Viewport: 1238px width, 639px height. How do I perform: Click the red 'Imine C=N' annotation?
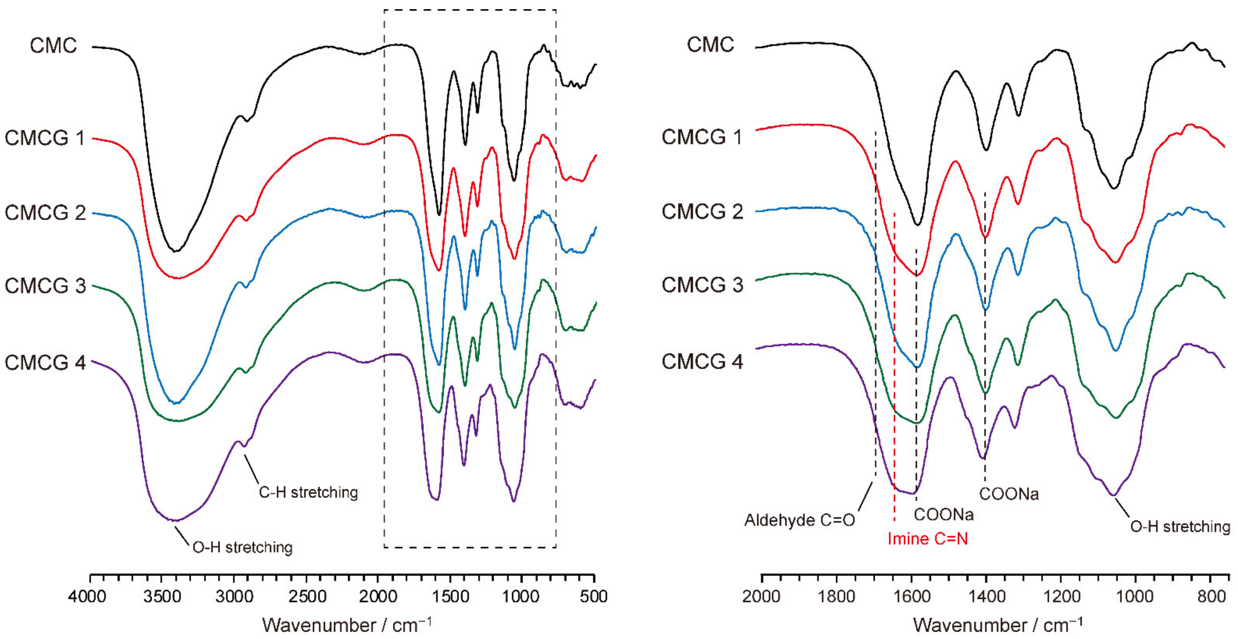click(927, 539)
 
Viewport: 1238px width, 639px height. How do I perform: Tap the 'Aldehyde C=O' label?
click(800, 520)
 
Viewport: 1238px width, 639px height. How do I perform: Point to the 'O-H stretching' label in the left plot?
click(242, 547)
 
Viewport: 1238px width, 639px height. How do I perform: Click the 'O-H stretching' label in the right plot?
click(1179, 527)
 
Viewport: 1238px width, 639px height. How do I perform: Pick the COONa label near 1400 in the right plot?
click(1009, 494)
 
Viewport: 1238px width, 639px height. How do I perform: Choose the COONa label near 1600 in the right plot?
click(943, 515)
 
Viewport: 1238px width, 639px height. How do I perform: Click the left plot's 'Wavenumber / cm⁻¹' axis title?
click(346, 625)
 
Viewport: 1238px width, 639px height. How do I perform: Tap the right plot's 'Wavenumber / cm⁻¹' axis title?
click(998, 625)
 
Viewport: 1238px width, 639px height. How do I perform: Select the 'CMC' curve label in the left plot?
click(53, 46)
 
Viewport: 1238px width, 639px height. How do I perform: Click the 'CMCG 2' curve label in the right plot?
click(702, 211)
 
